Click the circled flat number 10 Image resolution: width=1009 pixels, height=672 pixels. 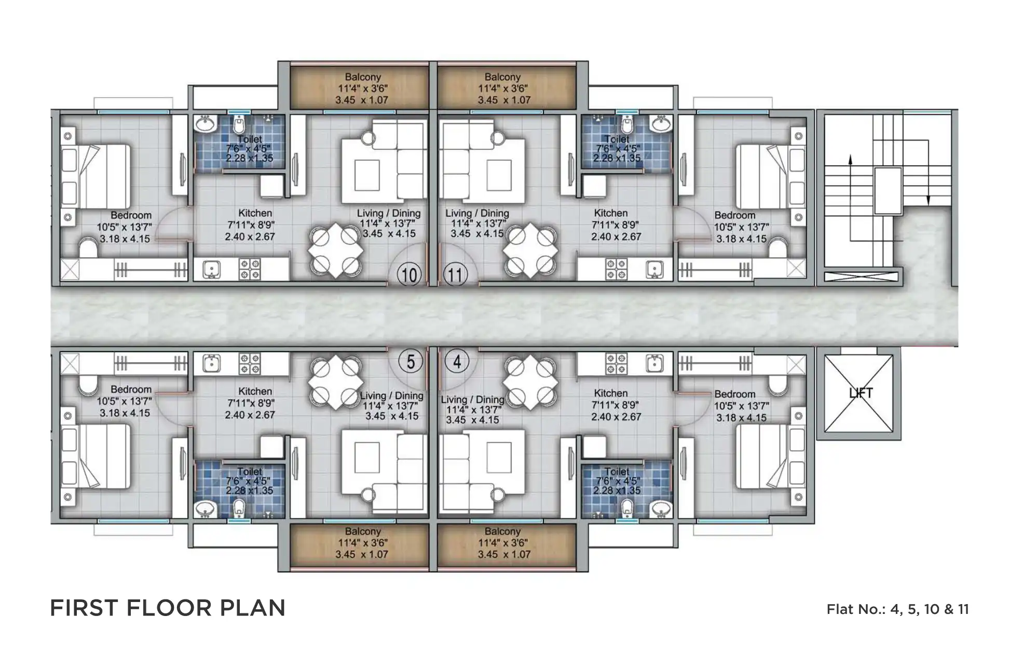(410, 274)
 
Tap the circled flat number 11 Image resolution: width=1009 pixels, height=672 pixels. (455, 274)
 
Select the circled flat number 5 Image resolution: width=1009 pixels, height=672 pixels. (411, 361)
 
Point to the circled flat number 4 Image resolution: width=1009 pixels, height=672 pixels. (457, 361)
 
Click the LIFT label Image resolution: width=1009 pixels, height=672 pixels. (861, 393)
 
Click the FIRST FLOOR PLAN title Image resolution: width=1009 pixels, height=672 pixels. (168, 608)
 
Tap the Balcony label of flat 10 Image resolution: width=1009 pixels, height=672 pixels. (363, 77)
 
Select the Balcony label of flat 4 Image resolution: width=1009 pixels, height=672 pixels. (502, 531)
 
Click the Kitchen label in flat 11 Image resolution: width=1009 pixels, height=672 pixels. (611, 213)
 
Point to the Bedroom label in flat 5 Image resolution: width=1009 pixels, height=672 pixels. (131, 389)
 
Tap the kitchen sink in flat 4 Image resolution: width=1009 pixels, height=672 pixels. (655, 363)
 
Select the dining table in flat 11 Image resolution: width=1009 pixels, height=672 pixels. (530, 249)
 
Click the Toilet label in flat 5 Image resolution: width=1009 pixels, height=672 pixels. (250, 471)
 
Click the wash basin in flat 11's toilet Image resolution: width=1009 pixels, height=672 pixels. (661, 124)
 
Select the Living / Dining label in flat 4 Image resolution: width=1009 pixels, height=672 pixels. (472, 400)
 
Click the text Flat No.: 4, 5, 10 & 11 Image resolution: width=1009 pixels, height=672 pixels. (897, 609)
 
